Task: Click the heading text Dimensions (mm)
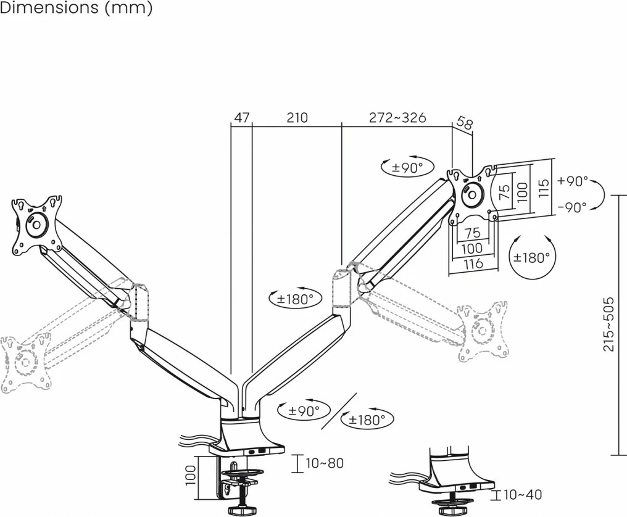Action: click(77, 9)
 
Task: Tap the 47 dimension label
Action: click(241, 118)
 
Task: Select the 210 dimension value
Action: click(297, 118)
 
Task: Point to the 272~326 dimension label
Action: click(397, 118)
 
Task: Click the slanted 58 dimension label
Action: click(465, 123)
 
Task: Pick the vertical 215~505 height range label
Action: click(609, 325)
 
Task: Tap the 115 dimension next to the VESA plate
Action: click(543, 188)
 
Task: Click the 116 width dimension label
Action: click(473, 264)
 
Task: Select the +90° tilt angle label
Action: click(572, 181)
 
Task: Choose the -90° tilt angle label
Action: click(572, 208)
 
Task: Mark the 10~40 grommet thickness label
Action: click(522, 495)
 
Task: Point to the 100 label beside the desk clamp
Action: click(190, 474)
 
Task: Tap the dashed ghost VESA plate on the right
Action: click(484, 331)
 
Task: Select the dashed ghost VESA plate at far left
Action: click(25, 363)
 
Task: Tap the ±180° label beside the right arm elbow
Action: click(296, 299)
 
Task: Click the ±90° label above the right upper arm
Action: click(407, 167)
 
